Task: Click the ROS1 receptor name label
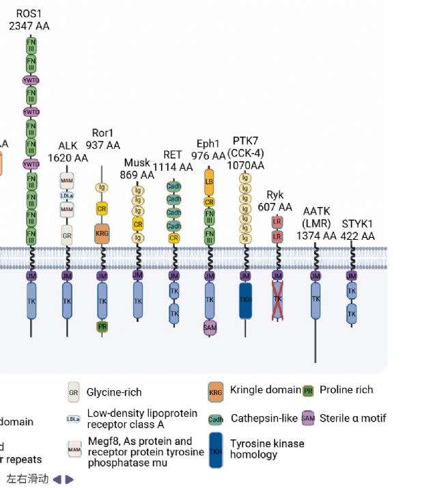click(x=29, y=20)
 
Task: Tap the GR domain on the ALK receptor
click(x=67, y=236)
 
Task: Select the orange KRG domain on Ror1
click(x=102, y=233)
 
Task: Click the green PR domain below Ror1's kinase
click(x=102, y=327)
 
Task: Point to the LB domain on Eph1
click(x=210, y=181)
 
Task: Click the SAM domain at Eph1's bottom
click(x=210, y=328)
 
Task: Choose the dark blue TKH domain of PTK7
click(x=245, y=301)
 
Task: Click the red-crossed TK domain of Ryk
click(x=277, y=301)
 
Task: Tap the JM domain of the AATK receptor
click(x=316, y=276)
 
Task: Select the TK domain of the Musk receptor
click(x=138, y=301)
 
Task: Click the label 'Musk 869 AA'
click(x=137, y=168)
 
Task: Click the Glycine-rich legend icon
click(x=74, y=392)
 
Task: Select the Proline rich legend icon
click(x=308, y=390)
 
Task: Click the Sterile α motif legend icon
click(x=308, y=418)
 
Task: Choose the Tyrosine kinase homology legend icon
click(x=216, y=450)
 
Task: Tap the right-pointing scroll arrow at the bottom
click(x=70, y=479)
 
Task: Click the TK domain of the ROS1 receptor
click(x=31, y=301)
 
